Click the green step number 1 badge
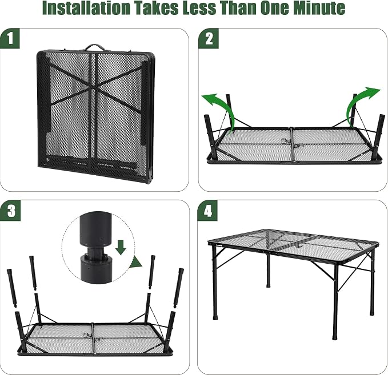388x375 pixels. tap(10, 39)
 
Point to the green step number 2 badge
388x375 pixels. tap(209, 39)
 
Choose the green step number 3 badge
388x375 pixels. tap(10, 211)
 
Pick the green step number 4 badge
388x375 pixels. tap(207, 211)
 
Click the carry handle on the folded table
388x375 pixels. tap(94, 47)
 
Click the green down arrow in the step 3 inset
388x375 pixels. tap(121, 247)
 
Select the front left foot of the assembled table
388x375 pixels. tap(215, 317)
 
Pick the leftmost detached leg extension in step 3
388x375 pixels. tap(12, 288)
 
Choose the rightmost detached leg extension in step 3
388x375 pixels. tap(178, 288)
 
